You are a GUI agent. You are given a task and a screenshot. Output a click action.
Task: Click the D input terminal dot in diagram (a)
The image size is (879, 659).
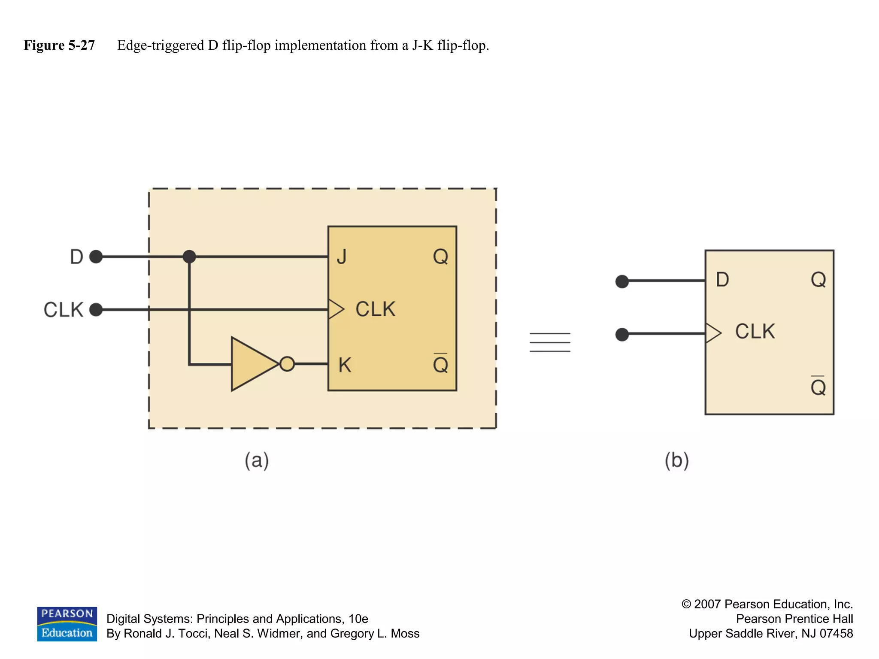(x=96, y=257)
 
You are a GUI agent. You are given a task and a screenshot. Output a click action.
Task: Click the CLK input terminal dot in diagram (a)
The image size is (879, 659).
(x=96, y=309)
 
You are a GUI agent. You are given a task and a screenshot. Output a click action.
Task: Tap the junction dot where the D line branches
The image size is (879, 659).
(x=189, y=257)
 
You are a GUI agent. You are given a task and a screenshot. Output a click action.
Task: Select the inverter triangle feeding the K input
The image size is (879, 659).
(x=251, y=364)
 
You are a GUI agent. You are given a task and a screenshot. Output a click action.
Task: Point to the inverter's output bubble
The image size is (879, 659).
(x=287, y=364)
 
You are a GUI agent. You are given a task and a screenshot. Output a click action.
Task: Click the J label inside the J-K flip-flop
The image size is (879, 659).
(x=342, y=257)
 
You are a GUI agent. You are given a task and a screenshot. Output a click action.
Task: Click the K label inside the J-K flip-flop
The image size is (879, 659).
(x=345, y=365)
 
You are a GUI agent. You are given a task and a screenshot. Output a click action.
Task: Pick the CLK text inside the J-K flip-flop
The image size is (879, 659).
(x=375, y=309)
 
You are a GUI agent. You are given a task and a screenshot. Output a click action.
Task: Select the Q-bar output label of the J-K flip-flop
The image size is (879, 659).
(x=440, y=364)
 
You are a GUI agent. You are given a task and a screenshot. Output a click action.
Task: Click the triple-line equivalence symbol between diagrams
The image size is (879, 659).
(x=550, y=342)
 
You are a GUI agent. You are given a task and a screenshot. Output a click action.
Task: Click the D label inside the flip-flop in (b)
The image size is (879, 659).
(x=722, y=280)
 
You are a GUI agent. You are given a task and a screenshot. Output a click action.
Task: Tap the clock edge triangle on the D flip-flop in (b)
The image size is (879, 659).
(x=713, y=333)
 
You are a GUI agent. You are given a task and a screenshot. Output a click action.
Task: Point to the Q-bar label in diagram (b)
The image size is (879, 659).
(x=818, y=387)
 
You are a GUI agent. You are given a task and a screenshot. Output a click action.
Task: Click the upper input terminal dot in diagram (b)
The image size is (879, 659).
(x=622, y=281)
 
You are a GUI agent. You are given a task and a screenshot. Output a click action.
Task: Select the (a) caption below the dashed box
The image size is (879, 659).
(x=257, y=460)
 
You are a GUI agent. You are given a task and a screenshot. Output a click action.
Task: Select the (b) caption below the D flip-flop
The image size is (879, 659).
(x=676, y=460)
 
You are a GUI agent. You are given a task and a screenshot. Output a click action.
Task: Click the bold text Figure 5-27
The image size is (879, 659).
(x=59, y=45)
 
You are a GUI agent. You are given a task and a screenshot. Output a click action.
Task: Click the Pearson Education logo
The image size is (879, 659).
(x=67, y=624)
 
